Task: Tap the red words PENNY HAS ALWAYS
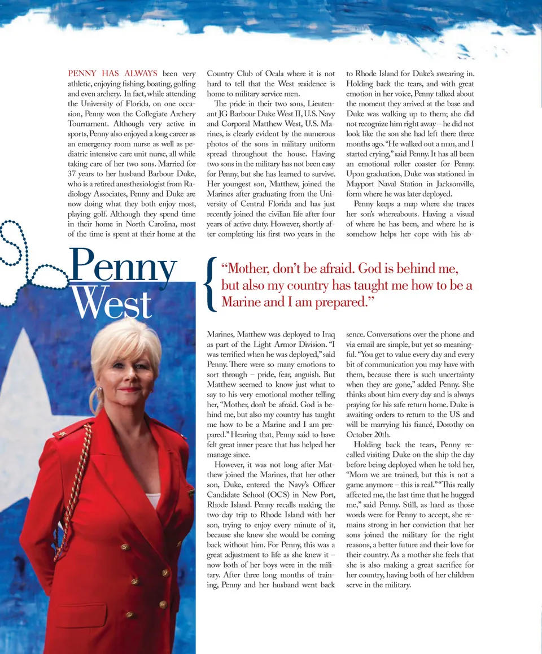coord(112,73)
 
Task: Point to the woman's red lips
coord(130,389)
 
